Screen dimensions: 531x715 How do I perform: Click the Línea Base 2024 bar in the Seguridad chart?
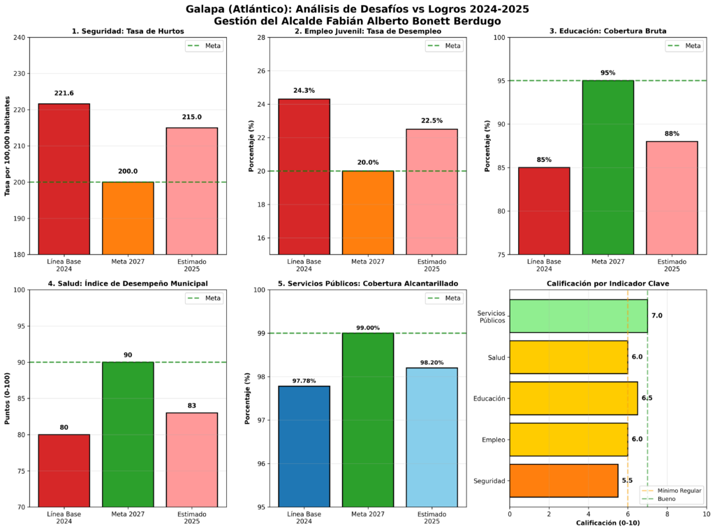tap(64, 179)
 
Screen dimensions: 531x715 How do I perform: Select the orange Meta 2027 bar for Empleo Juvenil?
tap(368, 212)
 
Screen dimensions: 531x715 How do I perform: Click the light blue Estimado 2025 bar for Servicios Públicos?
tap(432, 437)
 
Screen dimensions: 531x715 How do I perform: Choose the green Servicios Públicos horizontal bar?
tap(578, 315)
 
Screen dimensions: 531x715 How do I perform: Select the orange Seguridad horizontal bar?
tap(563, 480)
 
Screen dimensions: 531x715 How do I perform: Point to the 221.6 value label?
tap(64, 94)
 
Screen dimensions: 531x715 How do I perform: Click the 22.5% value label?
tap(432, 120)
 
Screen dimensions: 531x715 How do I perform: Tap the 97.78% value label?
tap(304, 381)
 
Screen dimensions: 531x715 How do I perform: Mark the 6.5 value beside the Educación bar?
tap(647, 398)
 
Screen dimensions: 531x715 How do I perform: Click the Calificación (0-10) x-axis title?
tap(607, 523)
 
